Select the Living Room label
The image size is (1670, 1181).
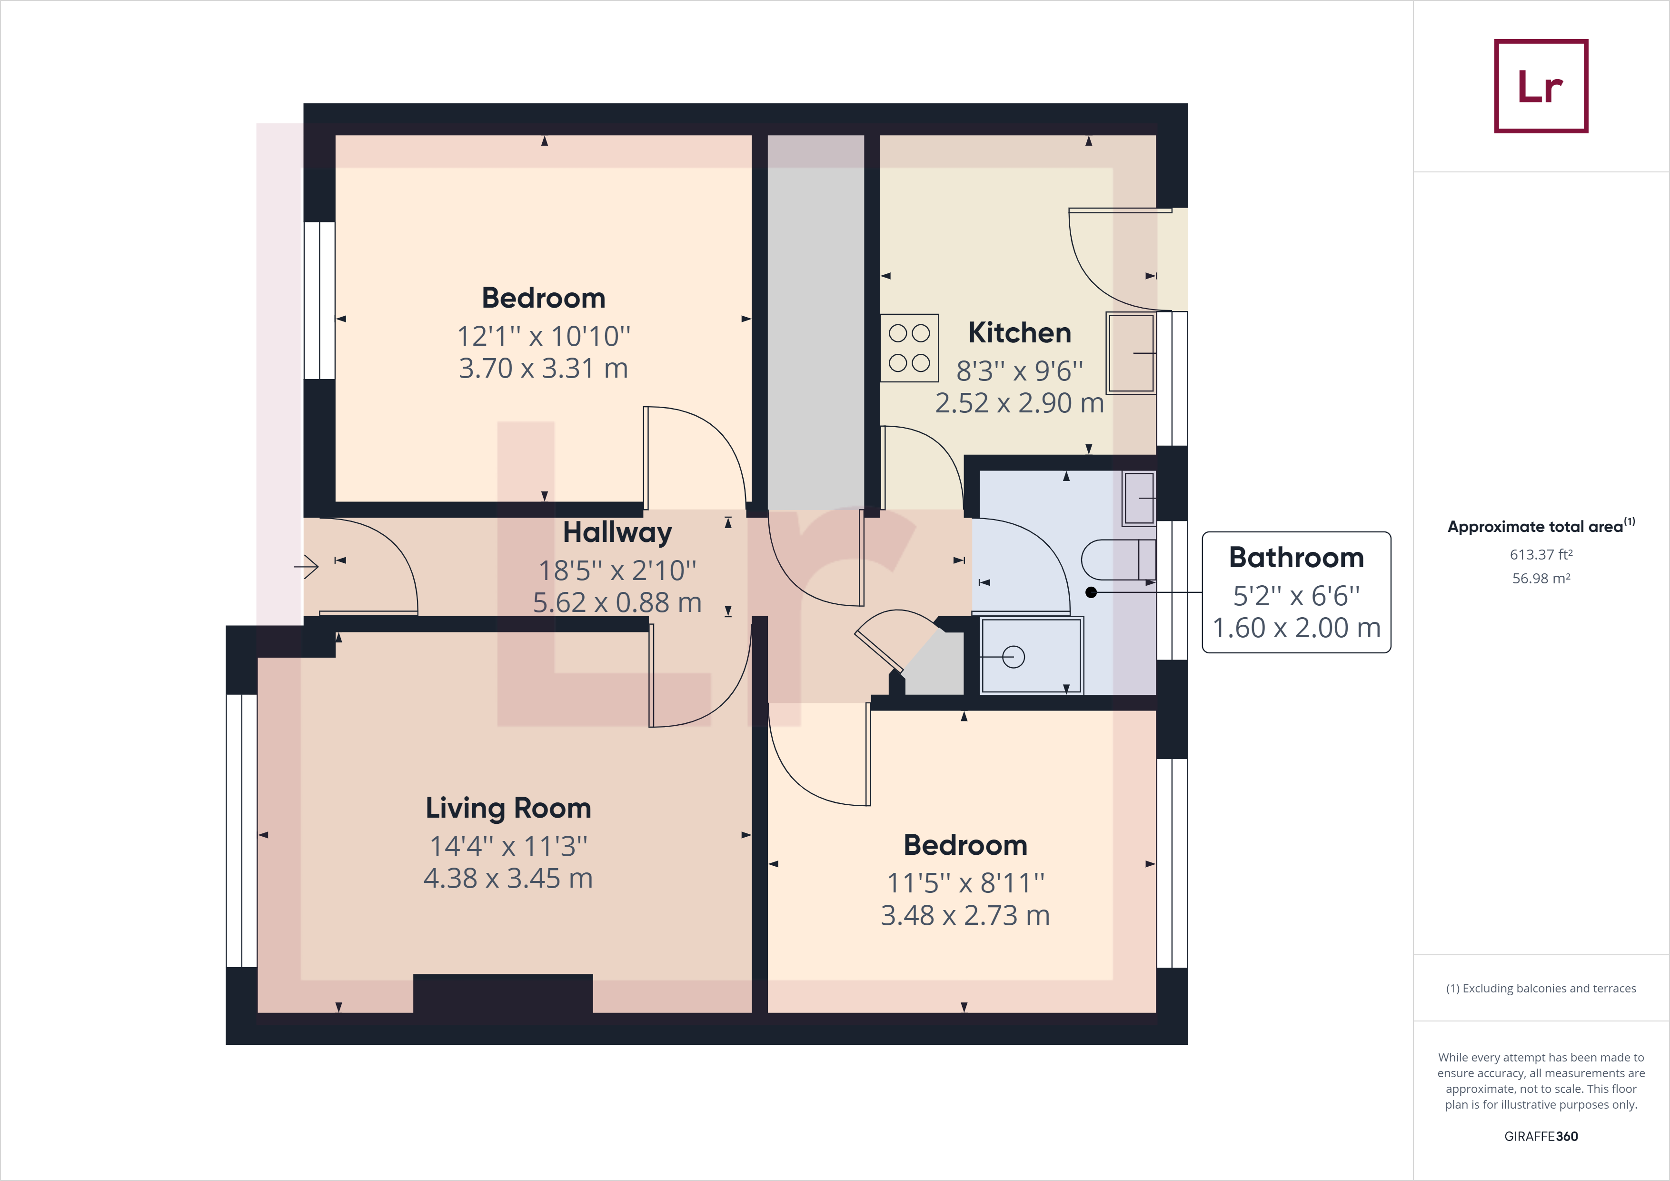508,808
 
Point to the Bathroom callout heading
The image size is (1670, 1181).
1296,557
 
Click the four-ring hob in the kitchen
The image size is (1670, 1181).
909,348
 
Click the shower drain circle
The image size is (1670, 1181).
1013,657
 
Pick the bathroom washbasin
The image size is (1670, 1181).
1139,498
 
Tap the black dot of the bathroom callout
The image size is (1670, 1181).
1091,592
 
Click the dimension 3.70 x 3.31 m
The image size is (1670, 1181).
543,368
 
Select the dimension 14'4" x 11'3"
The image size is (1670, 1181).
508,846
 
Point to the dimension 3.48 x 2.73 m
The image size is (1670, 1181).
965,915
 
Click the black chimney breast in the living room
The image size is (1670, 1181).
503,993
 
